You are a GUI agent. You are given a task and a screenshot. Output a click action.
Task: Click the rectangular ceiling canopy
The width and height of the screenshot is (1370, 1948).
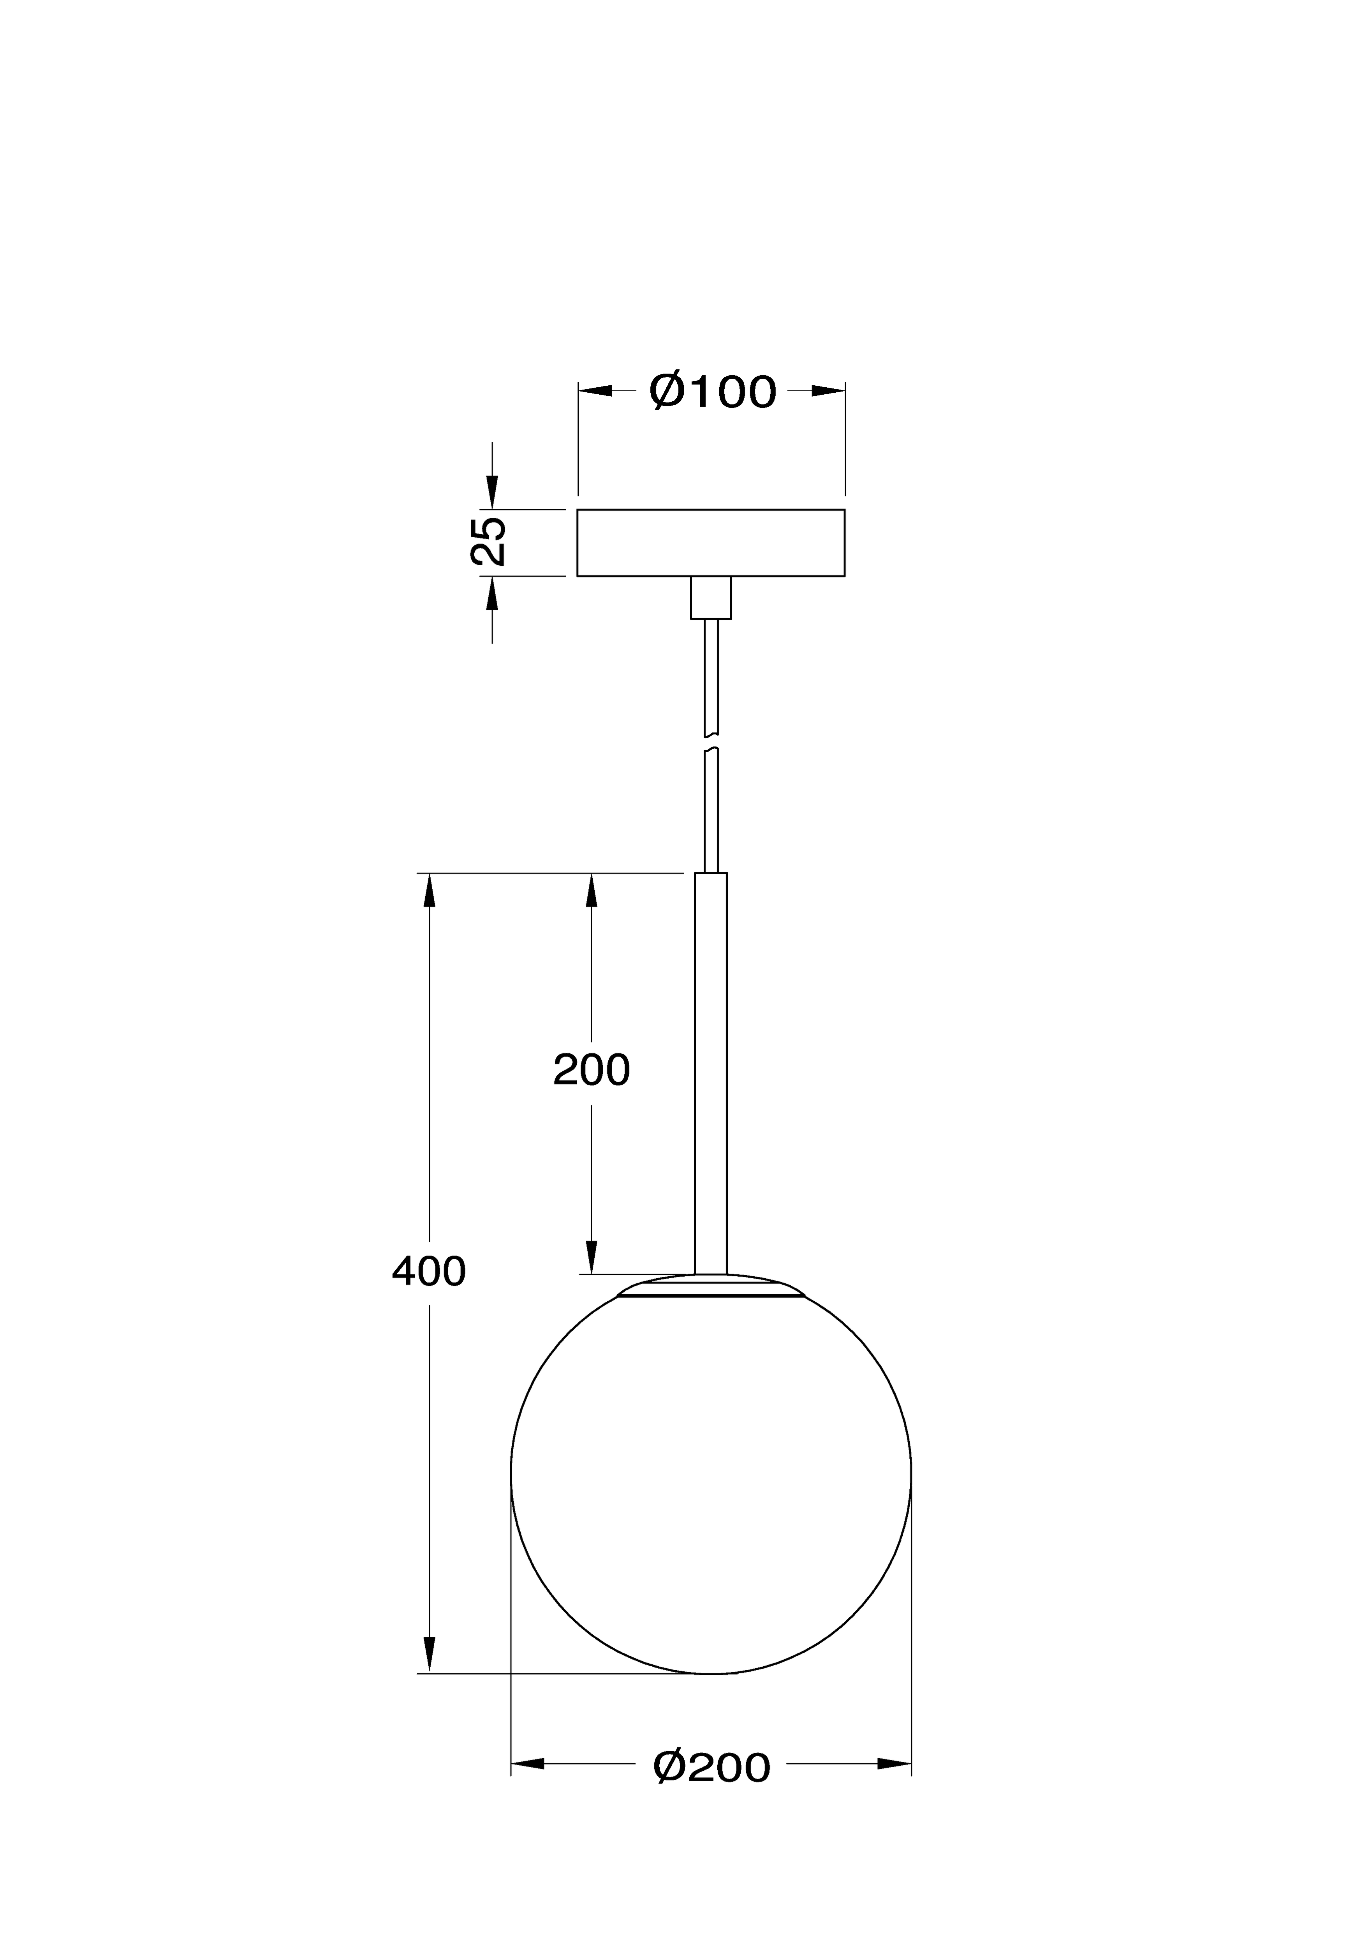click(711, 543)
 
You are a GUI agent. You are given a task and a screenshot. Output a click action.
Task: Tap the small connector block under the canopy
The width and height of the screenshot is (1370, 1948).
click(711, 598)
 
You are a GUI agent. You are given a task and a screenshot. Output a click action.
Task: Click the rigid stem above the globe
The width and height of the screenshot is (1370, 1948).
click(711, 1074)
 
